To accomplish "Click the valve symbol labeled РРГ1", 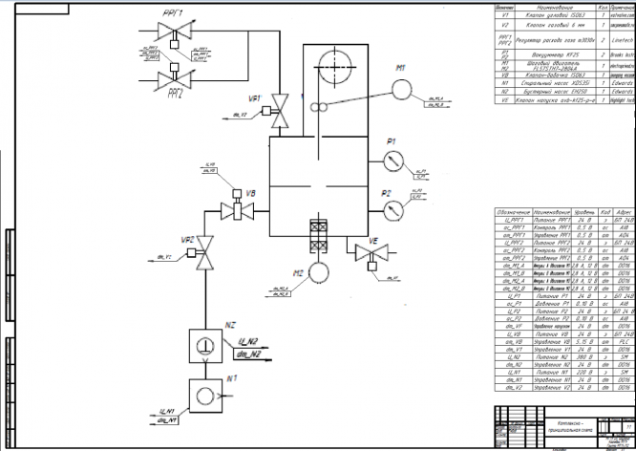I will (175, 36).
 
